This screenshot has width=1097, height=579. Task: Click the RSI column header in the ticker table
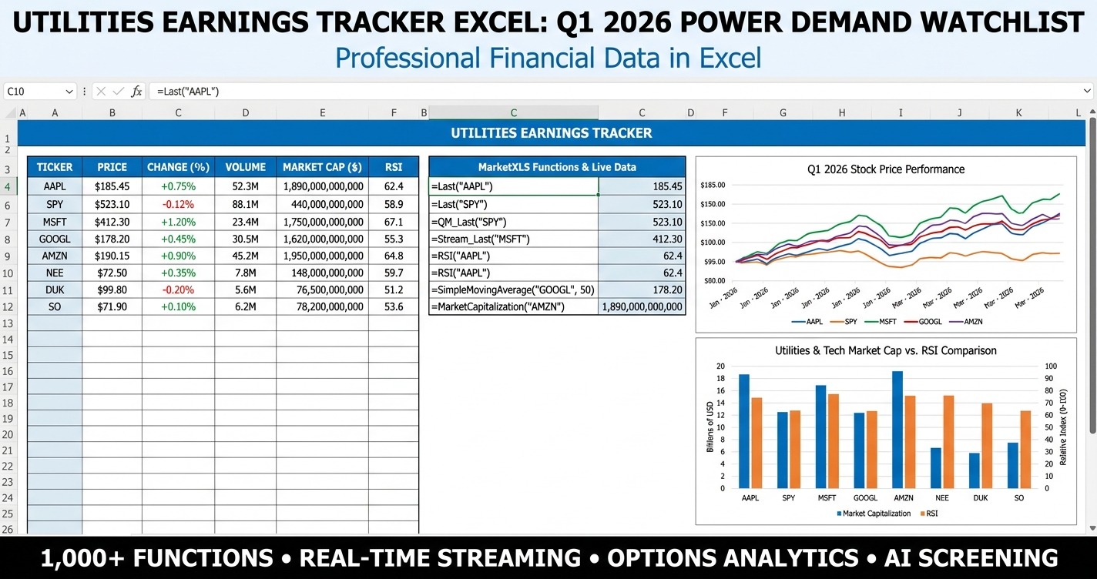pos(394,167)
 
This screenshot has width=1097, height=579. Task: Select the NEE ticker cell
pos(55,273)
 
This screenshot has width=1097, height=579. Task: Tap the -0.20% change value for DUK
pos(178,289)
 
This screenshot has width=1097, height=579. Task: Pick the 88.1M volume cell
pos(245,205)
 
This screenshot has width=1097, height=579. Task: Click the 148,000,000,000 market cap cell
pos(322,273)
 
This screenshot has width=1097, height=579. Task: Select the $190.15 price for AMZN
pos(112,256)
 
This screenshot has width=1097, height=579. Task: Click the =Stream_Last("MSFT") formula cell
pos(513,239)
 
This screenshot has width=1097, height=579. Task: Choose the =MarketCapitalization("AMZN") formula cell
pos(513,306)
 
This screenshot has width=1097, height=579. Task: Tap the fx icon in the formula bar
pos(136,92)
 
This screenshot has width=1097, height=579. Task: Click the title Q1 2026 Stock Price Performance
pos(886,169)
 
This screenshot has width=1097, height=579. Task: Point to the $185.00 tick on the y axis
pos(713,185)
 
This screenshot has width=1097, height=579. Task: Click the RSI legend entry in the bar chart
pos(928,514)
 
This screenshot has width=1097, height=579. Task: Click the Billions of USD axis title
pos(710,427)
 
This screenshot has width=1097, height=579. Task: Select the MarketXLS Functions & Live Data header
pos(557,167)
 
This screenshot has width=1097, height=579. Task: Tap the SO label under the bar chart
pos(1019,498)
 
